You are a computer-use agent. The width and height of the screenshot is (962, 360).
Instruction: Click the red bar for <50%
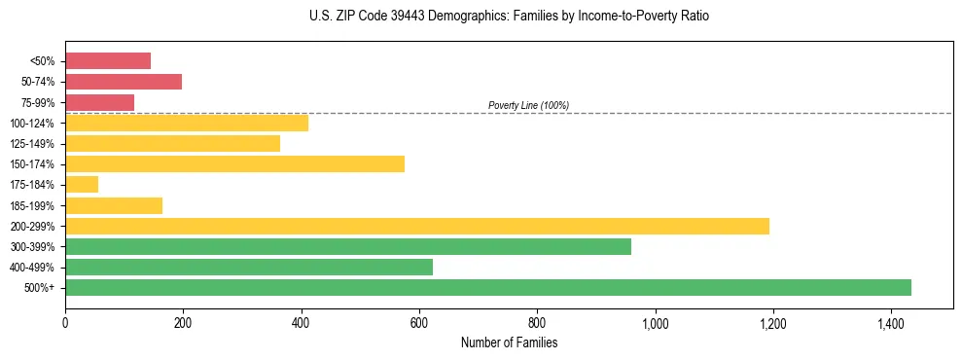point(108,61)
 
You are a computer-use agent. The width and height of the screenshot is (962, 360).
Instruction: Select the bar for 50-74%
point(124,82)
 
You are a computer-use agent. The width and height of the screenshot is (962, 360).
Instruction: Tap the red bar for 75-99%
point(99,102)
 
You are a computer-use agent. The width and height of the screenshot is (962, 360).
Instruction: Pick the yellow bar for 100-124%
point(187,123)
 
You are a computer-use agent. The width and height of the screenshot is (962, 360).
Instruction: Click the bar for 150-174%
point(234,163)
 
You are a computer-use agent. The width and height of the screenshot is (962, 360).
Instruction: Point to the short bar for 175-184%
point(82,185)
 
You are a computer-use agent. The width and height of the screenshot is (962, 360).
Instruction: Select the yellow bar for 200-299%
point(417,226)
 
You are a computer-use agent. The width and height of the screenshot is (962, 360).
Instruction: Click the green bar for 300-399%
point(348,246)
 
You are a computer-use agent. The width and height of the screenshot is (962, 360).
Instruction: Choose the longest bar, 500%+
point(488,287)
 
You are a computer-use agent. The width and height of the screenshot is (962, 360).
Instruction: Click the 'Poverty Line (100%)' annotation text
point(528,105)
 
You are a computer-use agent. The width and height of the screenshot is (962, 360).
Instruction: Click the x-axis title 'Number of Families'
point(509,342)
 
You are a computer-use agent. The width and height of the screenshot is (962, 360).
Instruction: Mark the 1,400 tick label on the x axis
point(890,323)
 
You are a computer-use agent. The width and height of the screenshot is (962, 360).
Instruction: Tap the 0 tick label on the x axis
point(65,323)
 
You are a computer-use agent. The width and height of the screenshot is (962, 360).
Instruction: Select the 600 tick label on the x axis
point(418,323)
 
